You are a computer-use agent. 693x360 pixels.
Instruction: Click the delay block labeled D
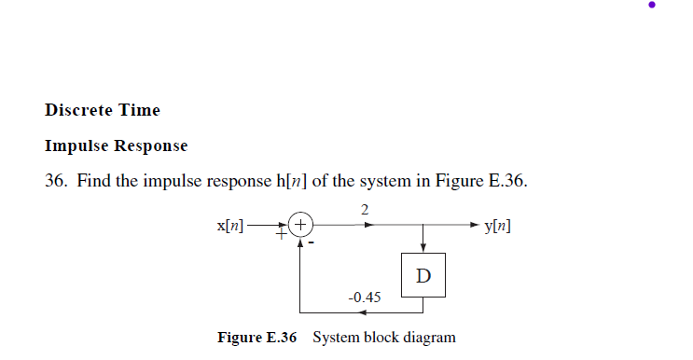(x=424, y=275)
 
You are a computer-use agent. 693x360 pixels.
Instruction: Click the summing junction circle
(x=300, y=225)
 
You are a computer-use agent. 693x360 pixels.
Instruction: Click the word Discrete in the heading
(x=77, y=110)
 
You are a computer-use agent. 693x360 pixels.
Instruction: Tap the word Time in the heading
(x=138, y=110)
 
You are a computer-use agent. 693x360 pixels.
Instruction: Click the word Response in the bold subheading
(x=151, y=145)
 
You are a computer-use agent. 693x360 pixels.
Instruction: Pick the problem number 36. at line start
(x=56, y=181)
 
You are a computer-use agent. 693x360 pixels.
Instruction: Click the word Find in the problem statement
(x=94, y=181)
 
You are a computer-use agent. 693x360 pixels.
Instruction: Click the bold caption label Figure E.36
(x=256, y=337)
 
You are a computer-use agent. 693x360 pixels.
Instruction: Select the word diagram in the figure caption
(x=427, y=337)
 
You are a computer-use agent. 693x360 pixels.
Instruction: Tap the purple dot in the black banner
(x=652, y=5)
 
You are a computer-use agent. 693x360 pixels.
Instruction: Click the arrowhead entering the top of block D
(x=424, y=247)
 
